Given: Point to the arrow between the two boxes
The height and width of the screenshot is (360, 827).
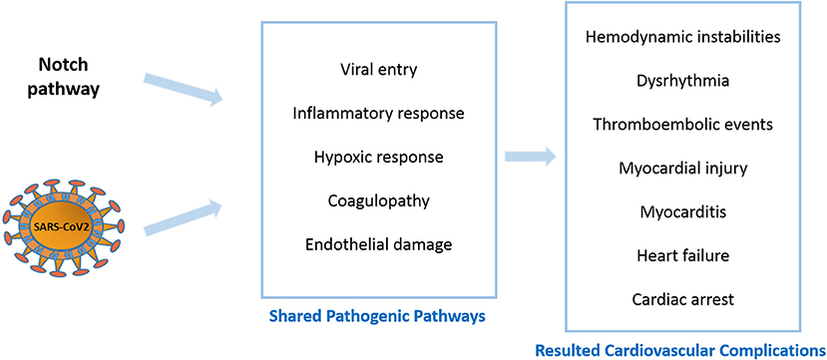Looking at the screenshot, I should click(529, 157).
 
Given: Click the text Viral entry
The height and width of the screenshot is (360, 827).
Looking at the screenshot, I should click(378, 69).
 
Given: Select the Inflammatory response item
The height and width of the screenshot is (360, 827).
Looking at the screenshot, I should click(378, 113).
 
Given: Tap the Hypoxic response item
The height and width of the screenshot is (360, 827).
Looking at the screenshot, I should click(378, 157).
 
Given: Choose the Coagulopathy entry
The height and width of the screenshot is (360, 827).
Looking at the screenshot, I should click(378, 200).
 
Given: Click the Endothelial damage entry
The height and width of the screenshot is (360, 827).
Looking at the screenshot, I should click(378, 244).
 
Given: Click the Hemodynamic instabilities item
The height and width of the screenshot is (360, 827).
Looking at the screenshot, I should click(683, 37).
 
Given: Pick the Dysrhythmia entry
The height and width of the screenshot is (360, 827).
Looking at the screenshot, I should click(683, 81).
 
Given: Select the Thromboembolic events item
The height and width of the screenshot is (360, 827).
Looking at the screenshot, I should click(683, 125).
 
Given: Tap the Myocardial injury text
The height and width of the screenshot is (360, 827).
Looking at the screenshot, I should click(683, 169).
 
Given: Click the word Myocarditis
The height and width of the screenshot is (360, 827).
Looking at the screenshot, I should click(683, 212).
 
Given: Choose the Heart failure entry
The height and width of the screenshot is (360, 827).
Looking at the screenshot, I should click(683, 255).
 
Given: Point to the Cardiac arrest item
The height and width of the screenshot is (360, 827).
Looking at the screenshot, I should click(683, 298).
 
